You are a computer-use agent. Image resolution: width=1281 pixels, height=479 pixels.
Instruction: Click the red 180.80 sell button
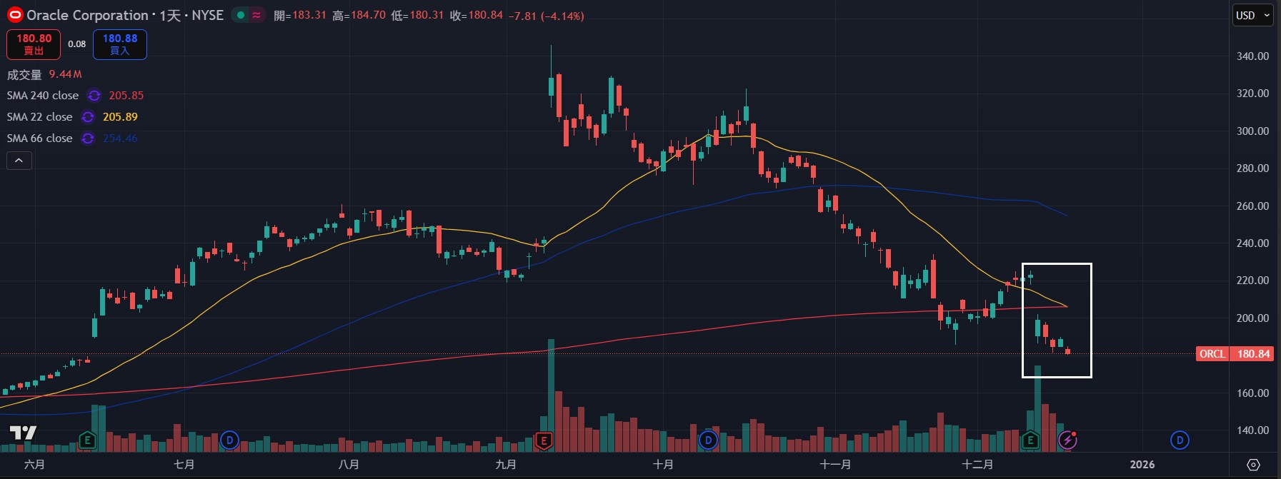click(x=34, y=44)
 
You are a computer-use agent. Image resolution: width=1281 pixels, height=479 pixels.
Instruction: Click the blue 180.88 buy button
click(x=119, y=44)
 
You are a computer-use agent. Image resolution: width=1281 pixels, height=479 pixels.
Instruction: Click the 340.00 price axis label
click(x=1252, y=56)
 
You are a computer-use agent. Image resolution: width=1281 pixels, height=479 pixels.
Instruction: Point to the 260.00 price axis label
click(x=1252, y=206)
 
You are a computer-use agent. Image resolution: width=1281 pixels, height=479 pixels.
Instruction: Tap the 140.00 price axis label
click(x=1252, y=430)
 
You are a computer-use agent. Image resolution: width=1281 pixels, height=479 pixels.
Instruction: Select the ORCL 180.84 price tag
click(x=1235, y=354)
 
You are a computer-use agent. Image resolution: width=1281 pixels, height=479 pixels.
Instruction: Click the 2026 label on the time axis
click(x=1142, y=465)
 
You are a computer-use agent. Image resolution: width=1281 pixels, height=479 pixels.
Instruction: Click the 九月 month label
click(x=506, y=465)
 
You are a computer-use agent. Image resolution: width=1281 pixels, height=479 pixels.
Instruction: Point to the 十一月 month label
click(x=834, y=465)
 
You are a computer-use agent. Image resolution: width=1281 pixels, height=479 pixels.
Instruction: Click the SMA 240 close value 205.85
click(x=126, y=96)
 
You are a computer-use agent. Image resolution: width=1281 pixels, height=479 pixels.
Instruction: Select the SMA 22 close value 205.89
click(x=120, y=117)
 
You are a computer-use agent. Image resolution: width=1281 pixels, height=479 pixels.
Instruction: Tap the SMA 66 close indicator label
click(x=39, y=138)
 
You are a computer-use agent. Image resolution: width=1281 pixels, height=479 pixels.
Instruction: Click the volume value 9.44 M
click(x=65, y=74)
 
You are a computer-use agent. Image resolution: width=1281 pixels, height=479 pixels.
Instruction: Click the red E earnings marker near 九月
click(x=544, y=440)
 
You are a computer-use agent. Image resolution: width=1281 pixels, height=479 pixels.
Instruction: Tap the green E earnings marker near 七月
click(x=87, y=440)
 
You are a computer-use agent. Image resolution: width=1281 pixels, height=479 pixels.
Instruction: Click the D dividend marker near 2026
click(x=1180, y=440)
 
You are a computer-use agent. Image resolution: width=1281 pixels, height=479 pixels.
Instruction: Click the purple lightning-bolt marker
click(x=1067, y=440)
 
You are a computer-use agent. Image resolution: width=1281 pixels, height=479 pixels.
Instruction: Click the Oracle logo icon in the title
click(x=14, y=15)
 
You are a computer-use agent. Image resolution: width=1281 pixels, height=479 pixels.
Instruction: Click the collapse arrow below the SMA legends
click(x=19, y=161)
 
